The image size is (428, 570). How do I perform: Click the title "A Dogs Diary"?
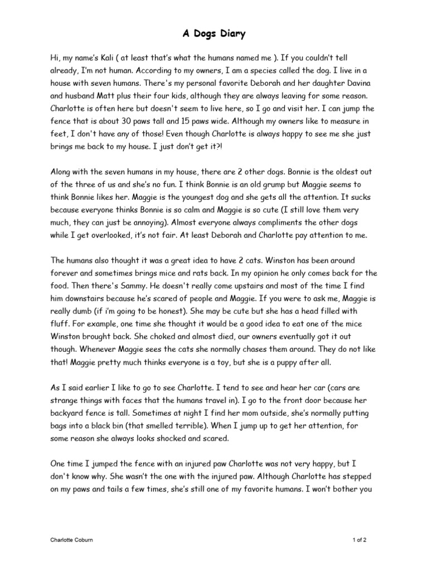[214, 35]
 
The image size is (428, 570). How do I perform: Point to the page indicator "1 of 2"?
[359, 540]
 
